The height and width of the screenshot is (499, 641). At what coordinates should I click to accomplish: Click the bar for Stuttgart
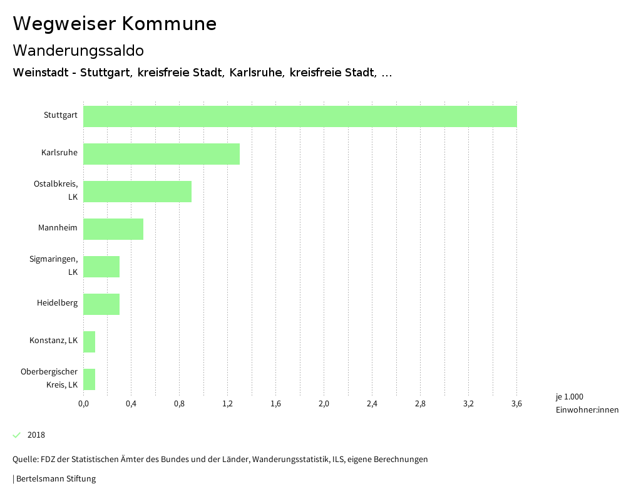300,116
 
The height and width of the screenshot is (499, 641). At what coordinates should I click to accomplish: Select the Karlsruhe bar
162,154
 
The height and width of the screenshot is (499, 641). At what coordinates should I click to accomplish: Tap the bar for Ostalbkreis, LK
137,192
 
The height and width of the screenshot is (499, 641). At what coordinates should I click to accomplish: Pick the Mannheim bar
113,229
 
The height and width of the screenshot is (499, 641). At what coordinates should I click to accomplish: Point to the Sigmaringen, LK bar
101,267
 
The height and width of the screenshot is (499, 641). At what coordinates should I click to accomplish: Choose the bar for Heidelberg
101,304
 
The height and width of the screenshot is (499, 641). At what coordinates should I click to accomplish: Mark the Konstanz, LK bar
90,342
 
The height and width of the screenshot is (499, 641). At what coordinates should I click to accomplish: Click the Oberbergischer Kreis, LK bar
90,379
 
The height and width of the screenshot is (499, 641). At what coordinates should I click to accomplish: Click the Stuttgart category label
61,115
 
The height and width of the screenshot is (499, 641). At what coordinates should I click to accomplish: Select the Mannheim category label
58,228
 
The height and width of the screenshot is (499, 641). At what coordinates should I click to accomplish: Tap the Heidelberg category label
57,303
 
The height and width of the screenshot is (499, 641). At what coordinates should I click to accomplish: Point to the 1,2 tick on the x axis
227,404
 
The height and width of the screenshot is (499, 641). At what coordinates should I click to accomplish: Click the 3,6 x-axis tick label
516,404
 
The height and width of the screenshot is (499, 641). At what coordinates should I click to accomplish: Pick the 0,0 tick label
83,404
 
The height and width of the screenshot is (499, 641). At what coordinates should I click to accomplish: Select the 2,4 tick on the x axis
372,404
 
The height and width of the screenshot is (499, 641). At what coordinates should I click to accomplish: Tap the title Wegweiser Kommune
115,24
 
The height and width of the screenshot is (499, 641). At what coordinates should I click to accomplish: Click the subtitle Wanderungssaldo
78,50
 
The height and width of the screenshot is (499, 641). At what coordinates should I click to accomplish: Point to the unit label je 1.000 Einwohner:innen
587,403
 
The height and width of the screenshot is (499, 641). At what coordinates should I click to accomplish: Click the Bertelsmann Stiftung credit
55,479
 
